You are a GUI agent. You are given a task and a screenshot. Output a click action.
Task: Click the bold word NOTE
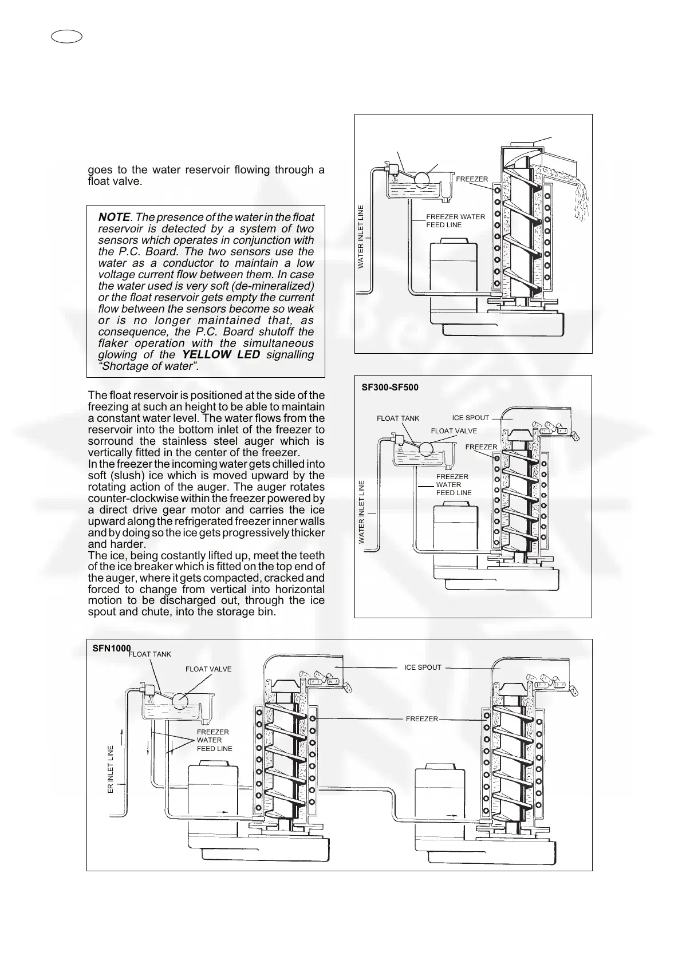pyautogui.click(x=114, y=217)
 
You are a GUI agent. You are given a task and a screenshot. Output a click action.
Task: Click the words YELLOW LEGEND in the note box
pyautogui.click(x=221, y=354)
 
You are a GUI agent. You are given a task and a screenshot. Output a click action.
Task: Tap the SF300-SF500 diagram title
pyautogui.click(x=390, y=388)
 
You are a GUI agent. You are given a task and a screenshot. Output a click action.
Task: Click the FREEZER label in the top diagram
pyautogui.click(x=472, y=179)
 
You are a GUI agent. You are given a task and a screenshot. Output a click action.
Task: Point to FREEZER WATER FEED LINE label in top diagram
pyautogui.click(x=455, y=221)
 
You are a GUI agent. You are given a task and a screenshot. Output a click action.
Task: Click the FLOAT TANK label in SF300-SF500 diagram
pyautogui.click(x=398, y=418)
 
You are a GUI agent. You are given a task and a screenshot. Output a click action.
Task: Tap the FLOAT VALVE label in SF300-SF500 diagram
pyautogui.click(x=454, y=431)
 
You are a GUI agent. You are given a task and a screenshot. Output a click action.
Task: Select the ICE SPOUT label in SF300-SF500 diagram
pyautogui.click(x=471, y=418)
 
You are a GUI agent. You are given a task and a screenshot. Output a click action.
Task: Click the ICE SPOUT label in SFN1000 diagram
pyautogui.click(x=423, y=667)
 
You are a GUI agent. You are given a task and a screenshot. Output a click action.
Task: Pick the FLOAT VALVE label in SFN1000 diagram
pyautogui.click(x=208, y=669)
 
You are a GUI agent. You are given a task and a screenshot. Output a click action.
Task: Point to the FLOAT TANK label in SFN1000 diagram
pyautogui.click(x=150, y=654)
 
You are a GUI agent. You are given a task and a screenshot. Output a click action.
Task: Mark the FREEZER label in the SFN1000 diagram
pyautogui.click(x=421, y=719)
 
